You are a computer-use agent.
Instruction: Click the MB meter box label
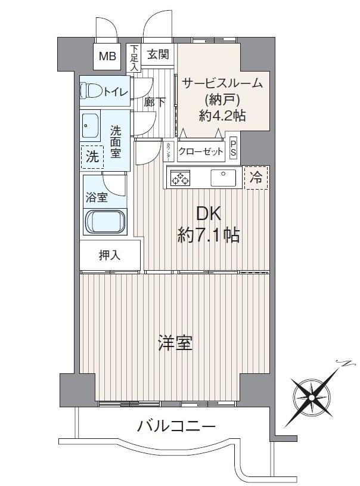107,57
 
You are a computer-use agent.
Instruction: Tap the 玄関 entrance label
158,54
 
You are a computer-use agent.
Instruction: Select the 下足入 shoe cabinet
134,58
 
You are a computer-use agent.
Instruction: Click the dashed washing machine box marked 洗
92,157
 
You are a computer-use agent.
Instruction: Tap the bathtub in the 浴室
105,222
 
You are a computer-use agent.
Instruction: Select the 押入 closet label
109,255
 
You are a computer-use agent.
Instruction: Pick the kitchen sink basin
223,178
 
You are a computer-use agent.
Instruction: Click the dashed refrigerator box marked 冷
256,178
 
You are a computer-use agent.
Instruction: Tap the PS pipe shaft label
233,148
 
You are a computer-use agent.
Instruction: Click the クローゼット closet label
201,151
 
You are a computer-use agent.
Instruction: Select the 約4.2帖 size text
222,116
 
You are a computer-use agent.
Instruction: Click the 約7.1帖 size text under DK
209,236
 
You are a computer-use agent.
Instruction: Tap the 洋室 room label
175,343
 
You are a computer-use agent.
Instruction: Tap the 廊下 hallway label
154,102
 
